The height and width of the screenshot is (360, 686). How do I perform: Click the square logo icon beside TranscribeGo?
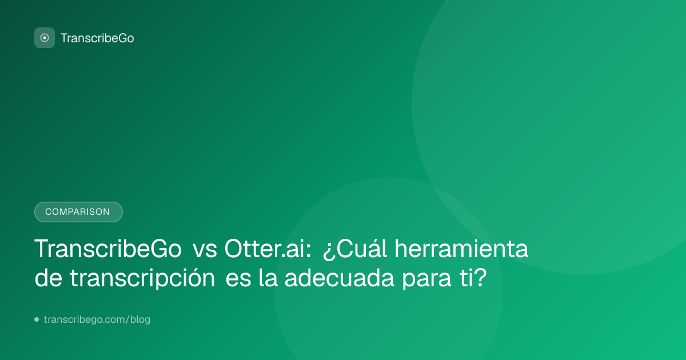(45, 38)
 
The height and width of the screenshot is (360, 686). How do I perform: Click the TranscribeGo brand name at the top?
(97, 38)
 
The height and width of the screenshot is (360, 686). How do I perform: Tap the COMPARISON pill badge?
(78, 212)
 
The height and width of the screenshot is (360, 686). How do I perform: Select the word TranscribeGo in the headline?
(108, 249)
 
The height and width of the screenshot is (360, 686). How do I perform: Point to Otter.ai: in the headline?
(268, 249)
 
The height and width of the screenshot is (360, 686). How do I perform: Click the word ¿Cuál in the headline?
(355, 249)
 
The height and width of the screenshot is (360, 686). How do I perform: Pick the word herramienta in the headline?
(461, 249)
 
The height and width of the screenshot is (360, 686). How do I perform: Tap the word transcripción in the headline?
(142, 278)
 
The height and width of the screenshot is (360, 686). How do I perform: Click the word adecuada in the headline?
(340, 278)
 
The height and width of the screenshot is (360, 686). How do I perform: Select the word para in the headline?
(427, 279)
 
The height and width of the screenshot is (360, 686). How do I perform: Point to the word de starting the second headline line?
(49, 278)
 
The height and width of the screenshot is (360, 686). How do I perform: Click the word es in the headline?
(238, 281)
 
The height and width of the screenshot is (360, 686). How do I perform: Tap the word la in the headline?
(268, 278)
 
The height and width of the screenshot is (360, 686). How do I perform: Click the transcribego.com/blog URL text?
(97, 319)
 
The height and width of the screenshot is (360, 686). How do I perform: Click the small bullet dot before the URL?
(37, 319)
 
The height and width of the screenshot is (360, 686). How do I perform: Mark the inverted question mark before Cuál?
(329, 252)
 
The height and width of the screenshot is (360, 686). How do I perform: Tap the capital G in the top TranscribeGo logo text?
(122, 38)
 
